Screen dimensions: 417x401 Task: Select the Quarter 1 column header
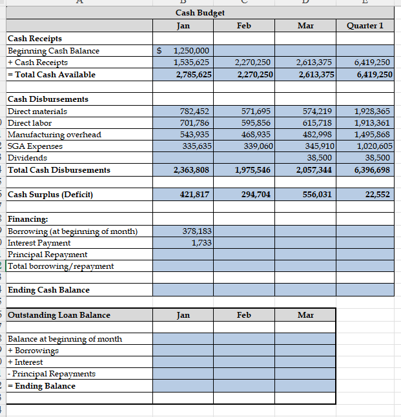coord(365,26)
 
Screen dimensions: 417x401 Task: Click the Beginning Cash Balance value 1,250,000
coord(190,51)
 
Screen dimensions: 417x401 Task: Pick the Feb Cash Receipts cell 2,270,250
coord(254,63)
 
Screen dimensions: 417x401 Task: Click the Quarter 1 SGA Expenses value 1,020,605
coord(373,146)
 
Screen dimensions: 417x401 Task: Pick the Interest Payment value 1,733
coord(201,242)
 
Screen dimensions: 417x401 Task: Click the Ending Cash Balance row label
coord(48,290)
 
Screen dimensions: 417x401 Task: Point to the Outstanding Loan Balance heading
coord(59,315)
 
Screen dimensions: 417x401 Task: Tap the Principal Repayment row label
coord(47,255)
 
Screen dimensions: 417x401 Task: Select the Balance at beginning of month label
coord(65,339)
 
